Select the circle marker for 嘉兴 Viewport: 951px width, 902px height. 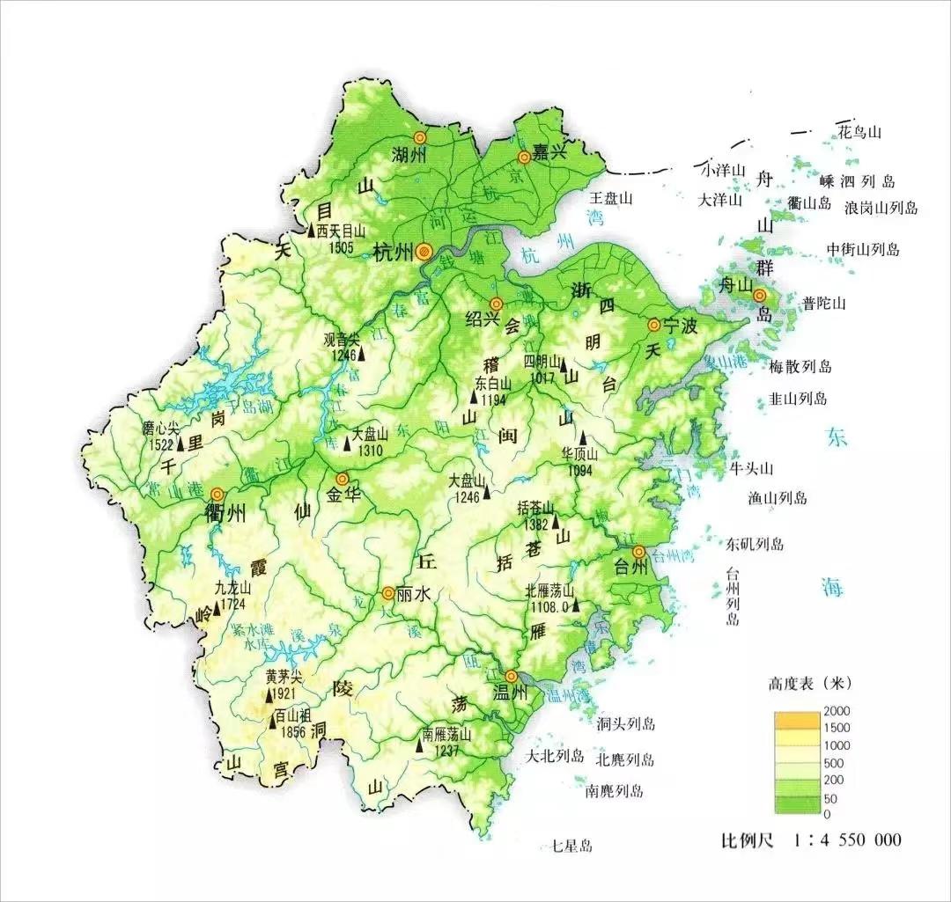[525, 157]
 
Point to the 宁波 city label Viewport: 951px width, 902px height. [680, 326]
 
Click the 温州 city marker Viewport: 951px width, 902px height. [511, 676]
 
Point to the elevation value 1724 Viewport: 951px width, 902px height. [232, 605]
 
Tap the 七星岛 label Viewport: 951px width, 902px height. [571, 847]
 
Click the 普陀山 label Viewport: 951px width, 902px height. [823, 304]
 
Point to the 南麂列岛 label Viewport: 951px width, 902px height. [615, 791]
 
